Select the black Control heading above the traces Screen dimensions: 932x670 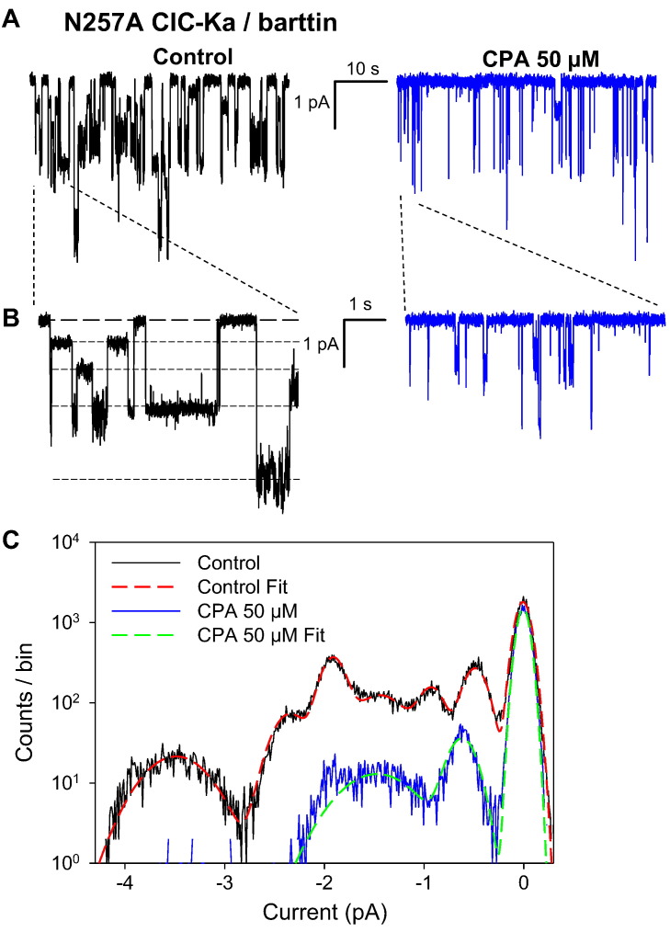[x=192, y=57]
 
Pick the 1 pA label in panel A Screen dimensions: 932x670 [x=312, y=104]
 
